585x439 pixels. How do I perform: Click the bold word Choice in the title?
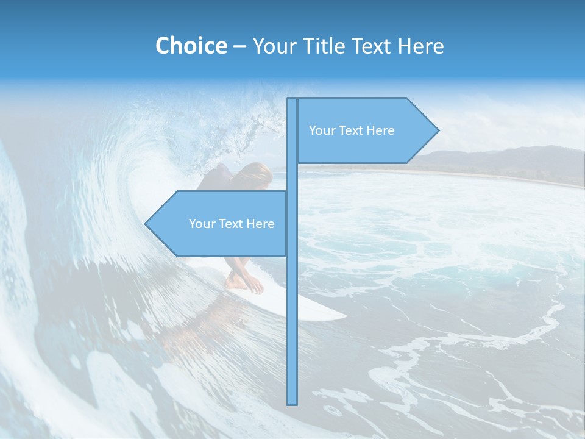coord(191,46)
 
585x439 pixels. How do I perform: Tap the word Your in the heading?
coord(273,46)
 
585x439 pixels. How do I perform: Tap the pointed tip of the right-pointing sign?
coord(437,130)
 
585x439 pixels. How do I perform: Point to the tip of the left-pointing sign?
coord(146,223)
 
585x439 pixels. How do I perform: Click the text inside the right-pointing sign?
coord(352,130)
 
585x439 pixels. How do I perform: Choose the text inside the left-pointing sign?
coord(232,224)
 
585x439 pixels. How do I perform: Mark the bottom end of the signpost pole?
coord(292,402)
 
